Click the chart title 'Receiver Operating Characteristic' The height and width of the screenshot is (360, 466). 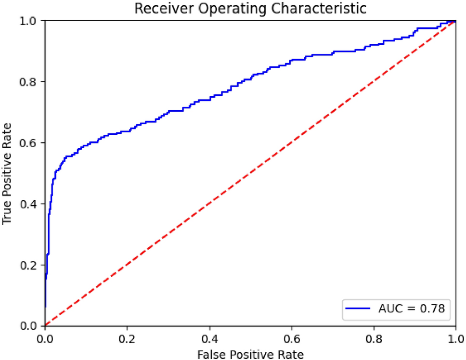(250, 9)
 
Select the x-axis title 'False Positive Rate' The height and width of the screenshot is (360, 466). (250, 354)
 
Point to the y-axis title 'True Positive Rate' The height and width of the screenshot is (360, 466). (7, 173)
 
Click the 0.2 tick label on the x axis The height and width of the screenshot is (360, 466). (127, 337)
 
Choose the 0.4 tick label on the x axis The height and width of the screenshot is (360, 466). (209, 337)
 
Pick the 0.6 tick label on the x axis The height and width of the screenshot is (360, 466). (291, 337)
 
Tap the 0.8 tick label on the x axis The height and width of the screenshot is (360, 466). (374, 337)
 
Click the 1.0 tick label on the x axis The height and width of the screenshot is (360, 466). (455, 337)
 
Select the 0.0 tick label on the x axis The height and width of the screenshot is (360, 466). (45, 337)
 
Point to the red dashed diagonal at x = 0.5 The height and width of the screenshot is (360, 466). (250, 173)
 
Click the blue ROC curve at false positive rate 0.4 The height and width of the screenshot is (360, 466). (209, 100)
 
